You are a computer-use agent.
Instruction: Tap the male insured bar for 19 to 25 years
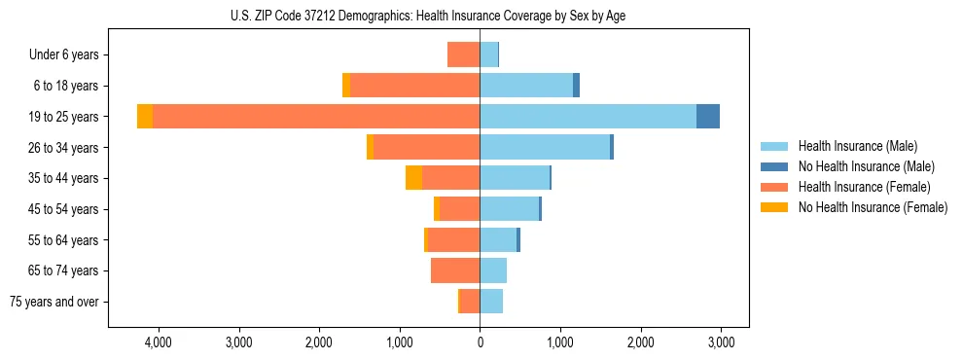point(588,117)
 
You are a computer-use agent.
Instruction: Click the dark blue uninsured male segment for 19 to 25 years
point(708,117)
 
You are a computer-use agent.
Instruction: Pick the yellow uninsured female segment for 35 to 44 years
point(413,178)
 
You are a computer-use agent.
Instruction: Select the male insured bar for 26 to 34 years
point(545,147)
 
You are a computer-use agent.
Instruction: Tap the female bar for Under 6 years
point(463,54)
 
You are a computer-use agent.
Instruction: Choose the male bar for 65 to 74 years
point(493,270)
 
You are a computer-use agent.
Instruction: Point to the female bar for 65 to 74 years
point(455,270)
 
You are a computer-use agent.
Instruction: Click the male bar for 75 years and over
point(491,302)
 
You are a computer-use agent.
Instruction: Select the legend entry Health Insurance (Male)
point(857,146)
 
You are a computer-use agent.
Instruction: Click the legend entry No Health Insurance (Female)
point(873,207)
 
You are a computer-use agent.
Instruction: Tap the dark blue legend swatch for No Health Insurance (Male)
point(774,166)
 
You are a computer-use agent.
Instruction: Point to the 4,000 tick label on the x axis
point(158,342)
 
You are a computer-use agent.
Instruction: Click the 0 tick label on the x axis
point(480,342)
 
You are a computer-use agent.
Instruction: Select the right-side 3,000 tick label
point(720,342)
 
